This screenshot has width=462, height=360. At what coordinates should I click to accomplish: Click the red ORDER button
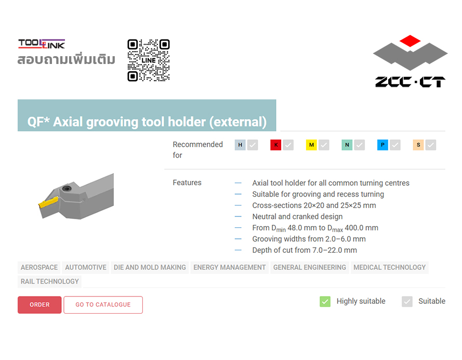39,304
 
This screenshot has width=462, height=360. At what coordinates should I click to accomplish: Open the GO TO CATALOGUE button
103,304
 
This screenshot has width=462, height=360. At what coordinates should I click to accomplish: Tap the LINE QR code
149,60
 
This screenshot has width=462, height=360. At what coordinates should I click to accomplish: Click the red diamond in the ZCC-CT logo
410,41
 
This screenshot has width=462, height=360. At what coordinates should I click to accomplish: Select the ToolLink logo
42,44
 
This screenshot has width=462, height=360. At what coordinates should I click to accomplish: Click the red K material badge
276,145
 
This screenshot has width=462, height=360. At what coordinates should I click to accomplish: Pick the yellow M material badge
311,145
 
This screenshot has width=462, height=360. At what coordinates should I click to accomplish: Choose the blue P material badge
382,145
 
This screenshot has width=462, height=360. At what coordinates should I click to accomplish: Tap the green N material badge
347,145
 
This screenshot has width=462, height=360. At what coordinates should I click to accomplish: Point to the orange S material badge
418,145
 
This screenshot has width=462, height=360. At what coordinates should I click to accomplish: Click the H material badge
240,145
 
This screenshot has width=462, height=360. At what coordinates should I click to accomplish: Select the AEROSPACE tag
39,267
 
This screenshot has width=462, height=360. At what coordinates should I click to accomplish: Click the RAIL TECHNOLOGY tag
49,281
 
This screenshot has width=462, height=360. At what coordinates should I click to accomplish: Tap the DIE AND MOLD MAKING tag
150,267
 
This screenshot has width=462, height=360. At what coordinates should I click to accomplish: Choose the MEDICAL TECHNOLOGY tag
390,267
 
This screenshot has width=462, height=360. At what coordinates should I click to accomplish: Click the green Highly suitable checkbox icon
325,301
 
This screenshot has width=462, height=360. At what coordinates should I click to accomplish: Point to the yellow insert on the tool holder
48,202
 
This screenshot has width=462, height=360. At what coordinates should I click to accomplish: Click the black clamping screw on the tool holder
67,189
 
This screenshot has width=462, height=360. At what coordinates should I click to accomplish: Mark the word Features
187,183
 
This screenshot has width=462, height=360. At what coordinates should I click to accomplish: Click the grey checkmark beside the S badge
431,145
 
